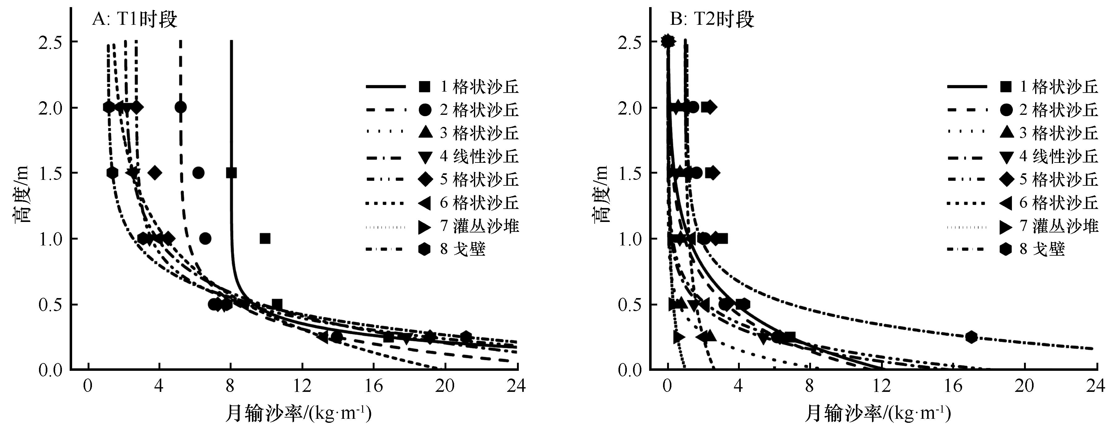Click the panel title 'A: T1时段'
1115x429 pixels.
point(134,20)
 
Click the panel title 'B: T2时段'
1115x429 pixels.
point(712,20)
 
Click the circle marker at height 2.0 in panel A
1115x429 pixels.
point(181,107)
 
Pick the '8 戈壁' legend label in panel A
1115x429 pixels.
point(463,249)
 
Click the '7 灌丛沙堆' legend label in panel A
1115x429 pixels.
point(479,226)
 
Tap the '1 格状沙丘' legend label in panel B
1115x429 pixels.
point(1059,87)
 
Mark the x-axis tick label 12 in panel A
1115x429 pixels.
point(302,386)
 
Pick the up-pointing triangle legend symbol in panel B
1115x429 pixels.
point(1006,133)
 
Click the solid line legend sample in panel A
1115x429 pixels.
point(386,87)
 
